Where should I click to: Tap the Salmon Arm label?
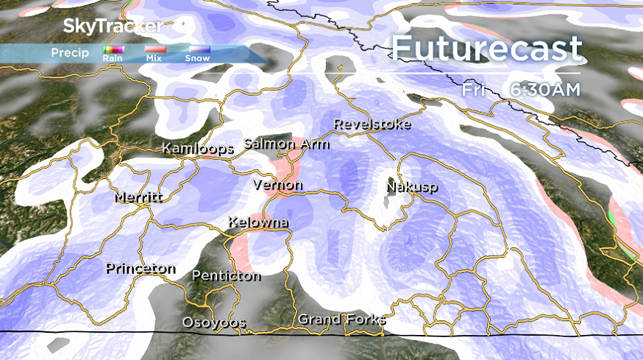tap(286, 144)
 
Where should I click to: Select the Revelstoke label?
tap(372, 124)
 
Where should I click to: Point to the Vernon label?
tap(277, 185)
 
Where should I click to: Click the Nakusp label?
tap(411, 187)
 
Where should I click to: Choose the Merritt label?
tap(138, 197)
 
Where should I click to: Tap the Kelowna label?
tap(258, 222)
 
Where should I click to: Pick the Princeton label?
tap(141, 269)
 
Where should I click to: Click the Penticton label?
tap(226, 276)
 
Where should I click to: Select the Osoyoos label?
tap(214, 323)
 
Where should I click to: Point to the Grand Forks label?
tap(341, 320)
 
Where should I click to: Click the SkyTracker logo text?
tap(113, 27)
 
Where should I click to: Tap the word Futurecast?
tap(487, 49)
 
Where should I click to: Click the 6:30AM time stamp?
tap(545, 89)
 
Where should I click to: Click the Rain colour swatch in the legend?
tap(113, 49)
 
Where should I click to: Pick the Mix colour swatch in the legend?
tap(154, 49)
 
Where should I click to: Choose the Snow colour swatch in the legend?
tap(197, 49)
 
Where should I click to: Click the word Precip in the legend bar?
tap(70, 53)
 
